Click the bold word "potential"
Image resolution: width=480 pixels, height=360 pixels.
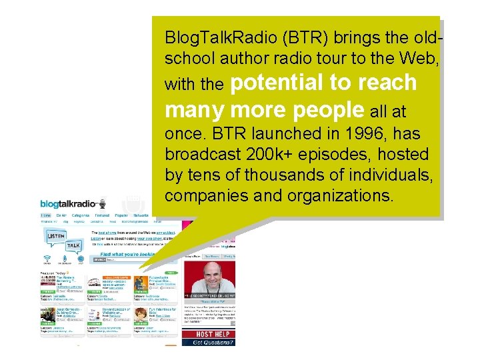coord(282,83)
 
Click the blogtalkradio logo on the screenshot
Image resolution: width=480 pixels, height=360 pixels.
coord(69,203)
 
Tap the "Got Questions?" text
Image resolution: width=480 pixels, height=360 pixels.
coord(212,343)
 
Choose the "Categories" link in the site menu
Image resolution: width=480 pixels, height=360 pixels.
coord(81,216)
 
